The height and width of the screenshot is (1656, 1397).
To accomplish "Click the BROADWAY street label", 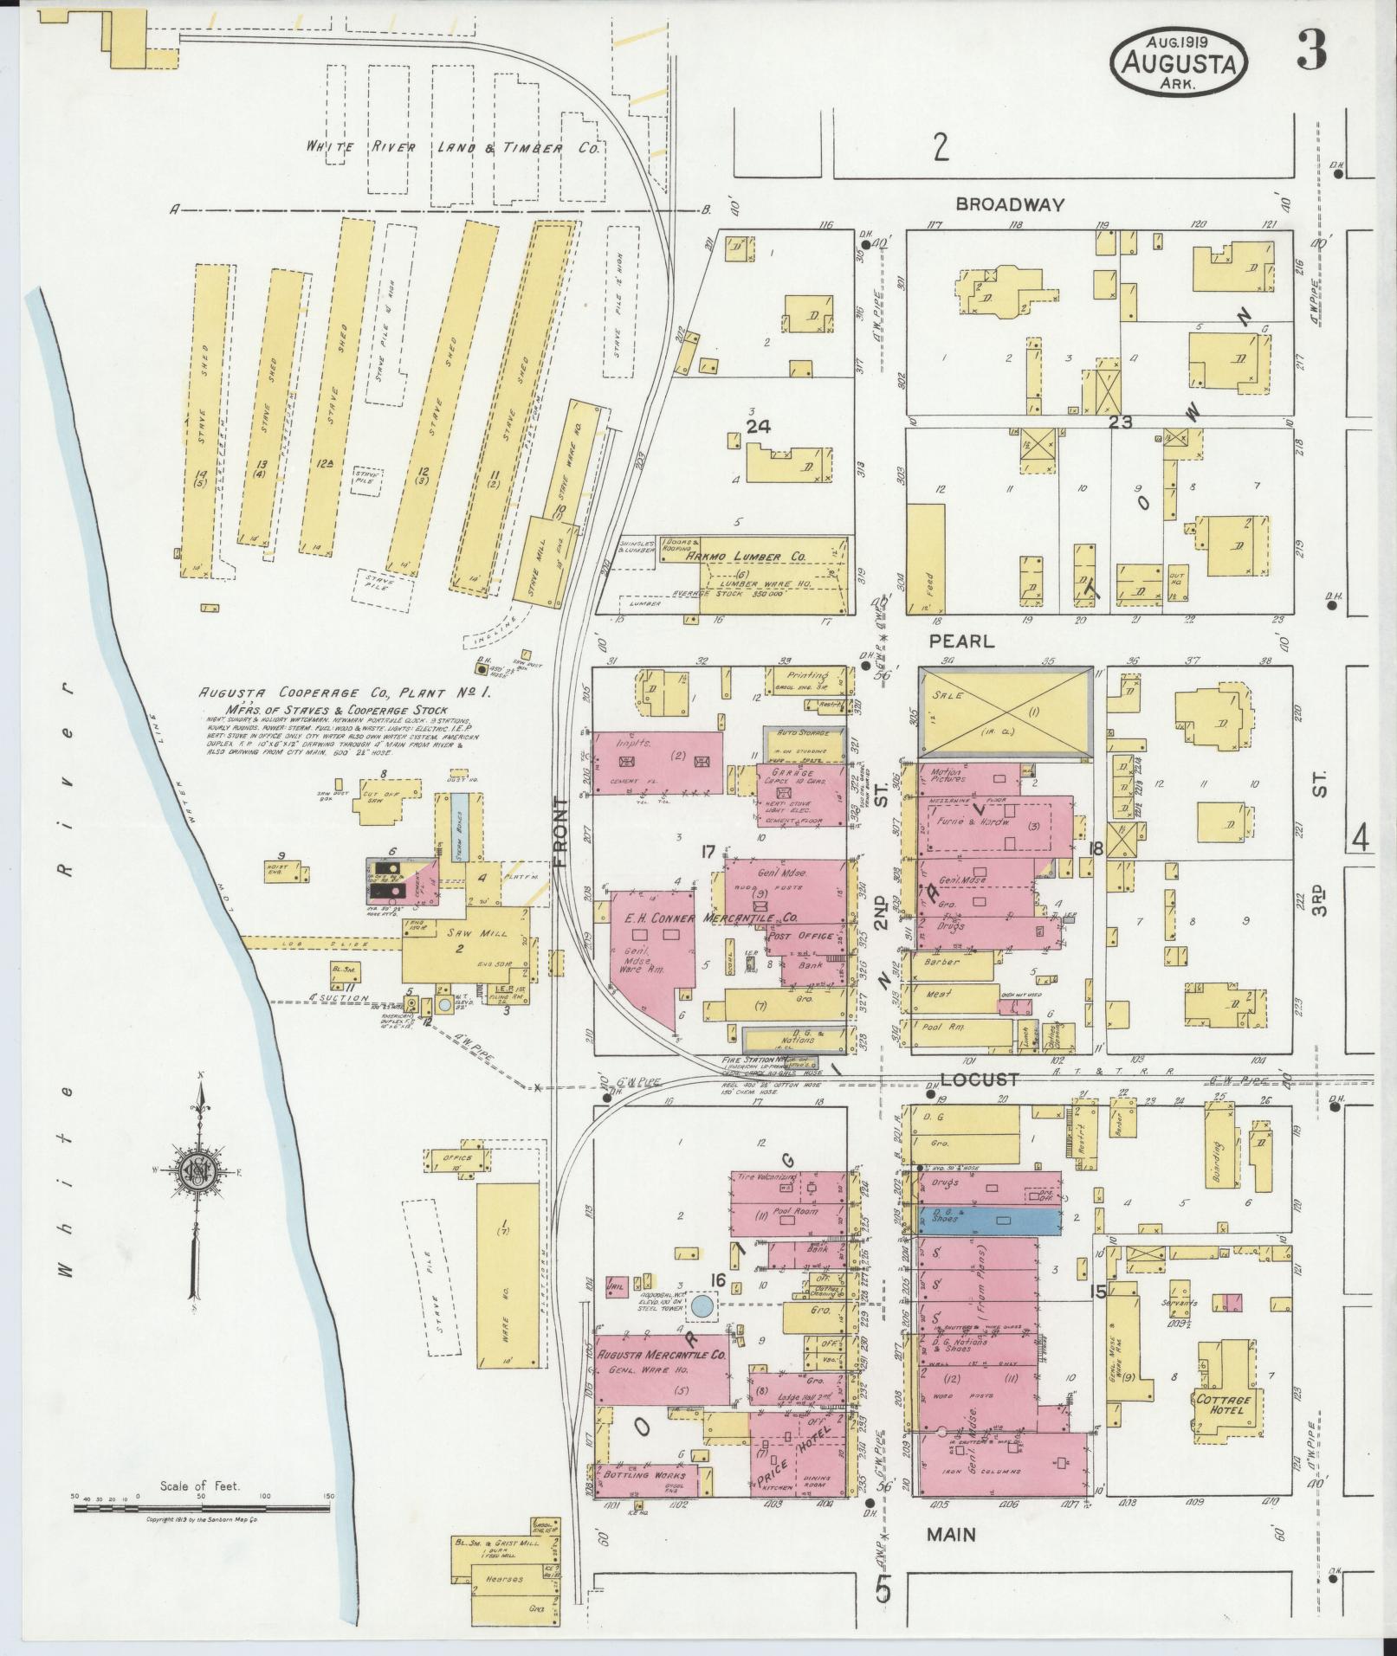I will [1010, 205].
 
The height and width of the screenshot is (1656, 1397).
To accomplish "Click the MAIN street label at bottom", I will [951, 1534].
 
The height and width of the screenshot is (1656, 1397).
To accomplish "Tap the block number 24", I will [759, 426].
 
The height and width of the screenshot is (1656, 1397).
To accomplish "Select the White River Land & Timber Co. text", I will [452, 148].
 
